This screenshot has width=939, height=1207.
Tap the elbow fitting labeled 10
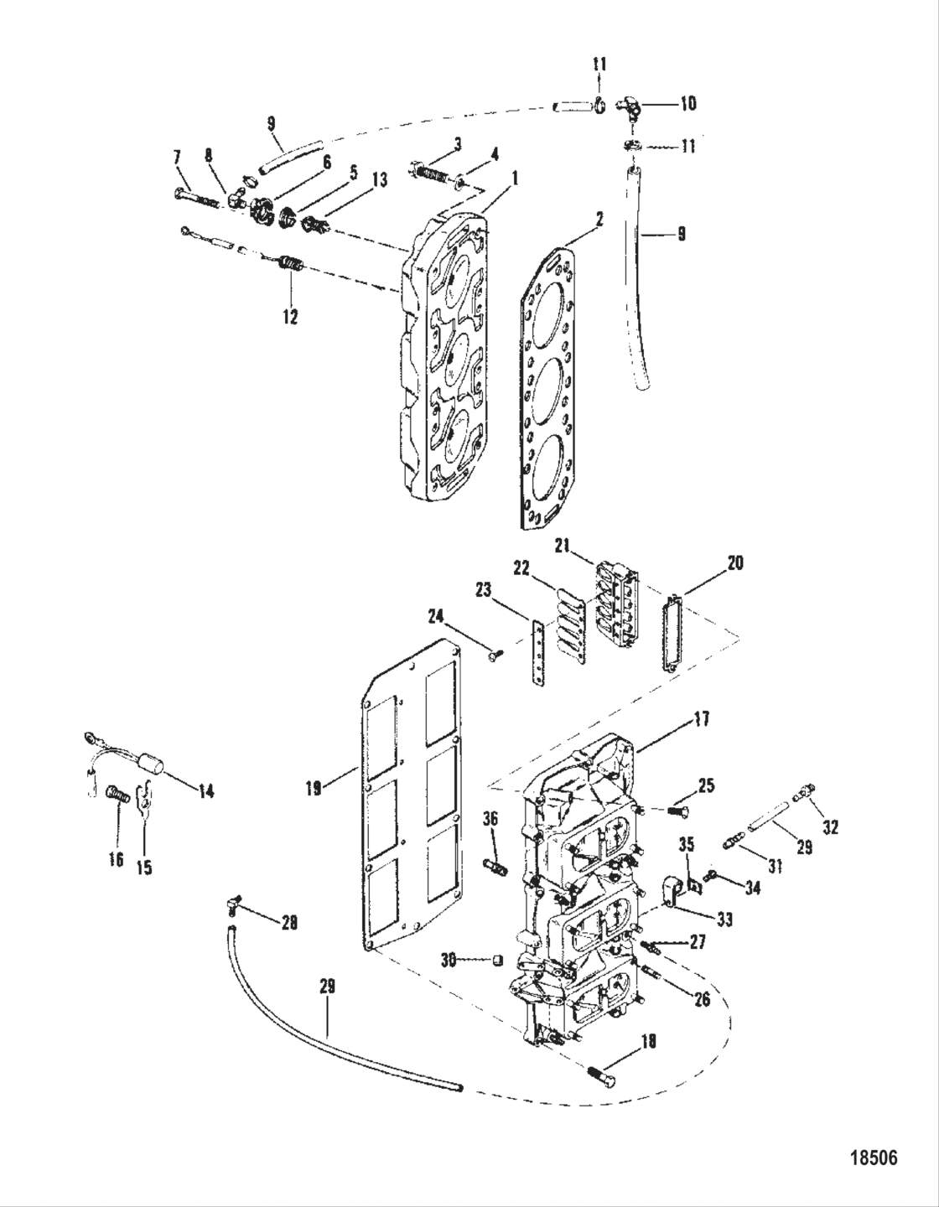(631, 106)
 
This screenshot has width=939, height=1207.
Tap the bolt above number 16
(116, 792)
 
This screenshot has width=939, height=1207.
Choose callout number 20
(734, 564)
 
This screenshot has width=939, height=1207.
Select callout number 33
(724, 919)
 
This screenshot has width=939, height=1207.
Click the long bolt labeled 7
(198, 198)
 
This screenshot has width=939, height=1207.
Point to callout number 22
(521, 568)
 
